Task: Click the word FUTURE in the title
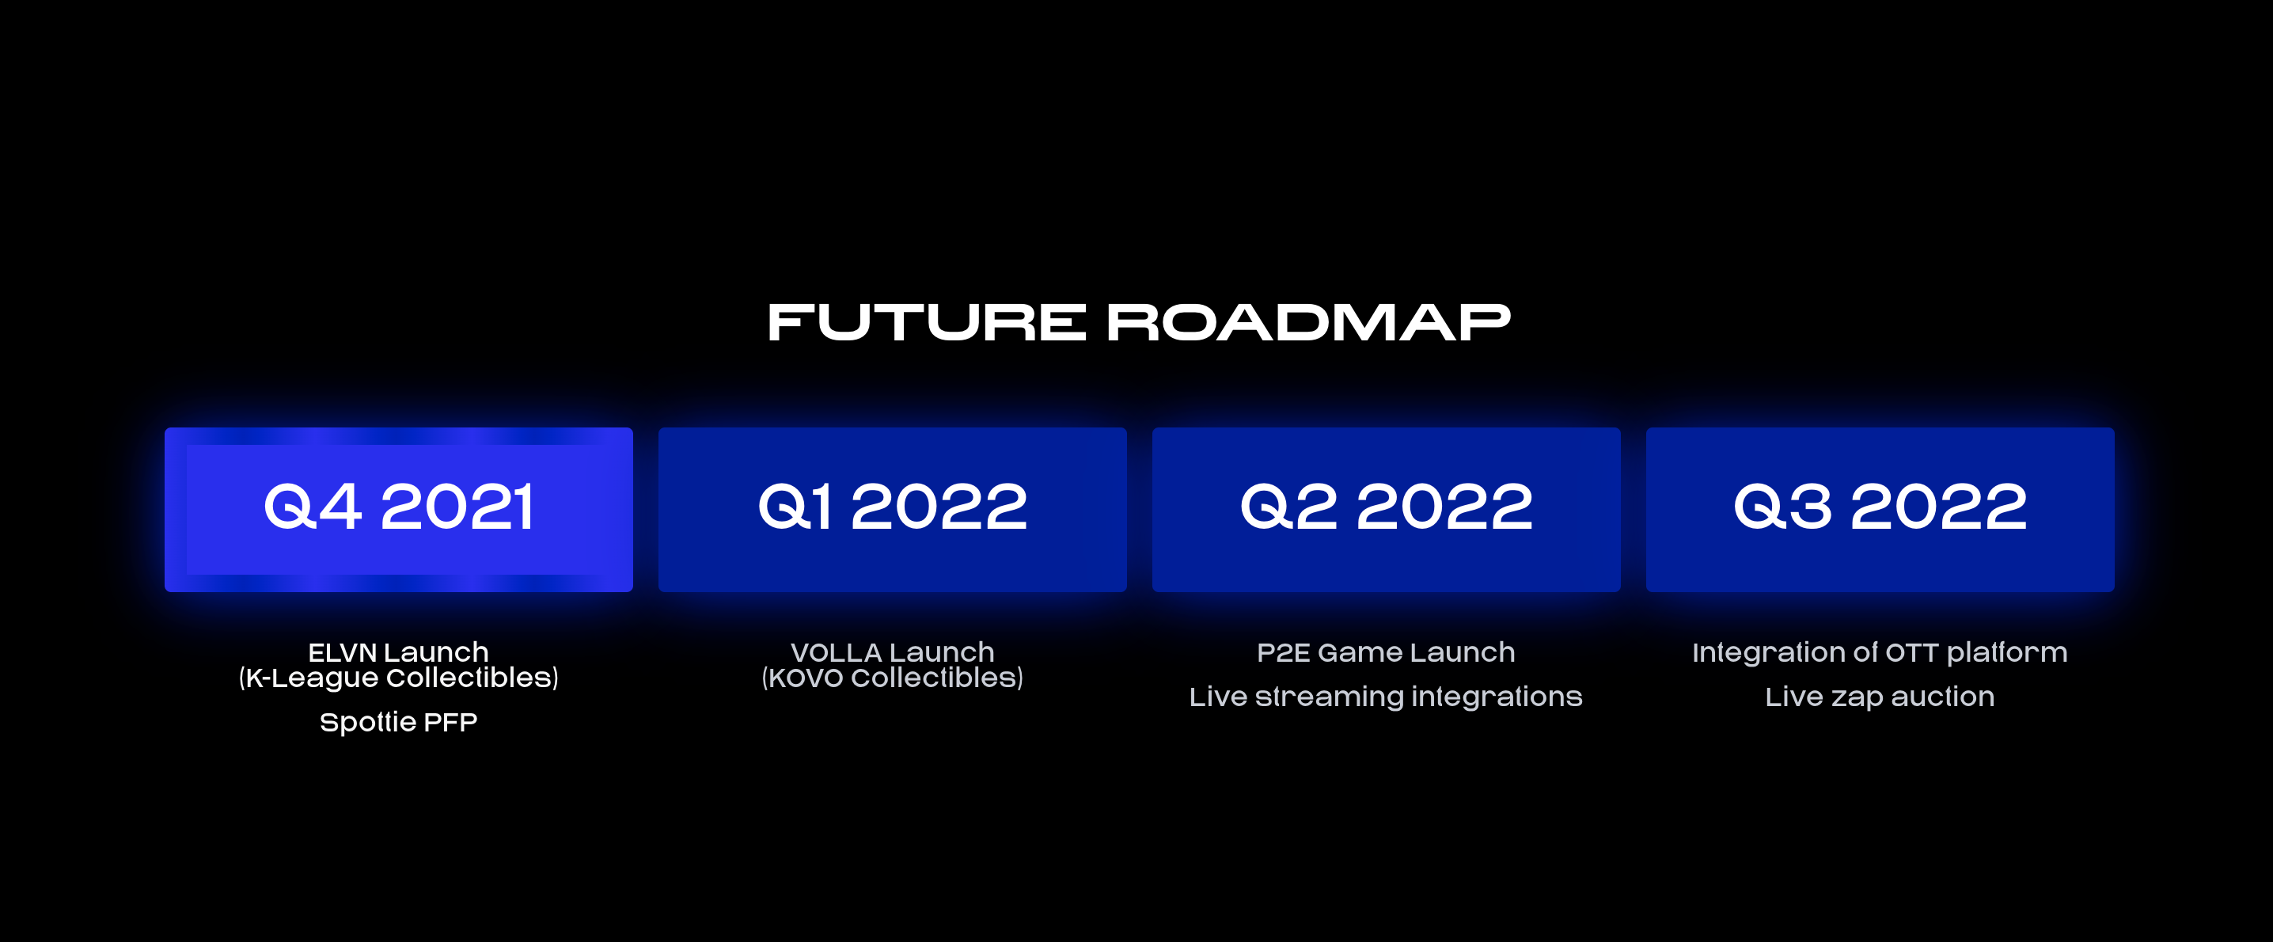(926, 322)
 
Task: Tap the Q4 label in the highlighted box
(313, 507)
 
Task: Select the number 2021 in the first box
(457, 507)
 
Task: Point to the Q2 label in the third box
(1288, 507)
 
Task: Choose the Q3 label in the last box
(1782, 507)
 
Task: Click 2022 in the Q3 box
(1938, 507)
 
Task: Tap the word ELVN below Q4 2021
(343, 652)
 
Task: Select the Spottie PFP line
(399, 722)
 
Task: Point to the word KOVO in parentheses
(806, 678)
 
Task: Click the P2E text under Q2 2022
(1283, 652)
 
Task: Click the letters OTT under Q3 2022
(1911, 652)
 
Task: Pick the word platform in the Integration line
(2006, 652)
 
